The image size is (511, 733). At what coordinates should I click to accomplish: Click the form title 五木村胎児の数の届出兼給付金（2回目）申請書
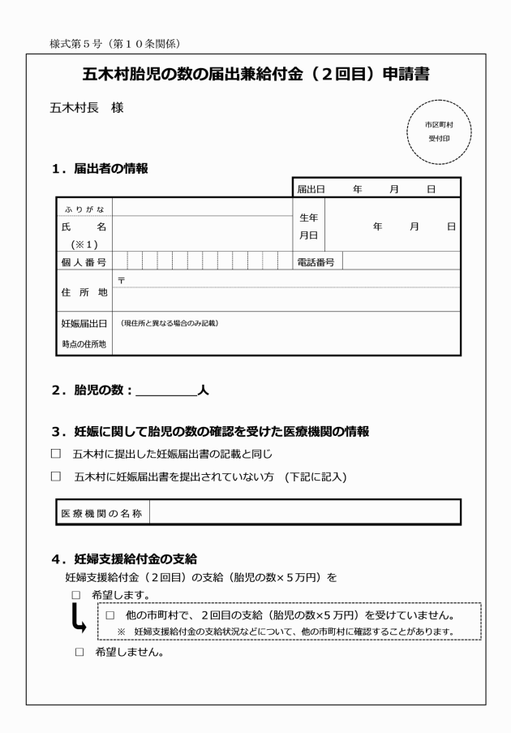tap(255, 75)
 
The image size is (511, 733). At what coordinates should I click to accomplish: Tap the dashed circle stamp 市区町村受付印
tap(438, 132)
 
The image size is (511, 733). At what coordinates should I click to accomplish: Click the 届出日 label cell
tap(311, 188)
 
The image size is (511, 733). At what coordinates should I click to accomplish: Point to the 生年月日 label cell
tap(308, 226)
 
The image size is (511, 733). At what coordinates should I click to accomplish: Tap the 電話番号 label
tap(316, 261)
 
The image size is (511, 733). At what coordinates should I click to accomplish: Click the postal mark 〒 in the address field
tap(121, 279)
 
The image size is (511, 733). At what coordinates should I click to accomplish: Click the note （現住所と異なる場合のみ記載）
tap(170, 323)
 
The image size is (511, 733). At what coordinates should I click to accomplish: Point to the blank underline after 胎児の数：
tap(166, 390)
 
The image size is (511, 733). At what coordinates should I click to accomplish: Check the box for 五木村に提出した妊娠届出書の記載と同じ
tap(56, 454)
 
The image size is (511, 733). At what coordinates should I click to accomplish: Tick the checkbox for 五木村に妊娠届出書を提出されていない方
tap(56, 476)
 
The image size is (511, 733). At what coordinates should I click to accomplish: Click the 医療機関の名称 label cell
tap(102, 513)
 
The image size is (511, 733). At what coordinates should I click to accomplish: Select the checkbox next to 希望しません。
tap(79, 651)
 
